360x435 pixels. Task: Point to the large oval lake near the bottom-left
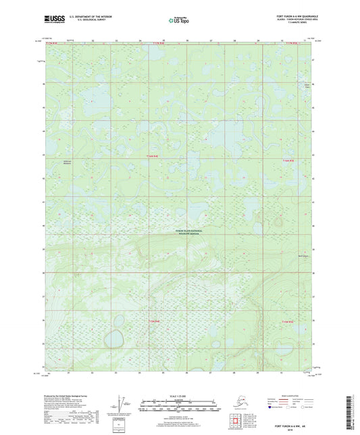point(112,336)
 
